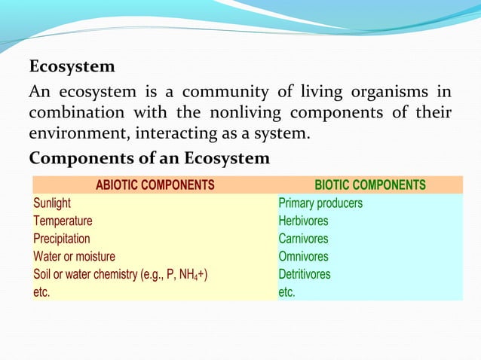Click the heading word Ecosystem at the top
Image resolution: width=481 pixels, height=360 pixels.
[x=72, y=67]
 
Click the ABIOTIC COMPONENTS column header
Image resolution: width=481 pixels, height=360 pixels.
[x=155, y=185]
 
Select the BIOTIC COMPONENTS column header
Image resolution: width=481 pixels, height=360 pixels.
[x=369, y=185]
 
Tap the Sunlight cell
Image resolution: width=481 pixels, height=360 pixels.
[x=52, y=203]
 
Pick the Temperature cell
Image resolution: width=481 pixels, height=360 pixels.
[x=63, y=221]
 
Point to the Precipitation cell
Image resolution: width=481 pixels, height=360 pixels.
[x=61, y=239]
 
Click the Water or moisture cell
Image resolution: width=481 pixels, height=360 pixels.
[x=74, y=257]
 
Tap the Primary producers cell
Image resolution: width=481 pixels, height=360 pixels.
[x=320, y=203]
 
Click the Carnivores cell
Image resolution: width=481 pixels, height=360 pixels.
[x=304, y=239]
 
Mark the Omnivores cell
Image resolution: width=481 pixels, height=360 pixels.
[x=304, y=257]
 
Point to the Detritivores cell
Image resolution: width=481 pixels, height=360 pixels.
[x=305, y=274]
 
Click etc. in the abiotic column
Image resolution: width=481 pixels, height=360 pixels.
[x=41, y=292]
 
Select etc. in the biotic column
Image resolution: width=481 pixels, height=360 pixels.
[x=287, y=292]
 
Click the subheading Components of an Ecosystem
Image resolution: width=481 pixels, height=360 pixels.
[x=149, y=160]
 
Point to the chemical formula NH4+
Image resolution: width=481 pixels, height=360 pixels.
[x=191, y=275]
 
